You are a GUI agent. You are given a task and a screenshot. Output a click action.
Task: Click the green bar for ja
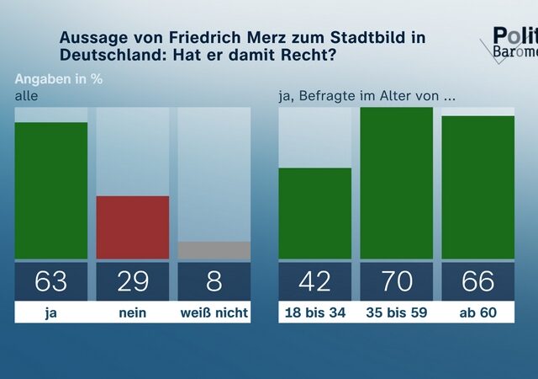pos(51,191)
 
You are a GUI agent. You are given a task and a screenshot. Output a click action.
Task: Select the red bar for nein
pos(133,227)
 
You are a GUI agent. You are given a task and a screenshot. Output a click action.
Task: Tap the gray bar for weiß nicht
pos(214,250)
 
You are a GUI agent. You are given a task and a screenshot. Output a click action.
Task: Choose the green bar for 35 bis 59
pos(396,184)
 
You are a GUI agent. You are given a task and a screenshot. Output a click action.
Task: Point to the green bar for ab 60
pos(477,188)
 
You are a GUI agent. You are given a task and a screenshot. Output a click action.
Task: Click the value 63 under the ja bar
pos(51,281)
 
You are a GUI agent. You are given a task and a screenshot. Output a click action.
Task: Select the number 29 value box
pos(133,281)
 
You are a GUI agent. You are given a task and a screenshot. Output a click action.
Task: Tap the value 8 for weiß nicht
pos(214,281)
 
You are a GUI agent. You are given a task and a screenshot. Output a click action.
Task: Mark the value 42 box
pos(314,281)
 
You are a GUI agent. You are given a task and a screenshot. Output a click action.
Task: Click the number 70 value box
pos(396,281)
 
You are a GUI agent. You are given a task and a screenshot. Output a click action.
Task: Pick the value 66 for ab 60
pos(477,281)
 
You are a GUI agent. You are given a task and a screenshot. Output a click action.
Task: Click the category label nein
pos(133,313)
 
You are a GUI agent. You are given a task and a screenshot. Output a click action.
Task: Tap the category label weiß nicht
pos(214,313)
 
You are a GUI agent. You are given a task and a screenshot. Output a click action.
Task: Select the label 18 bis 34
pos(314,313)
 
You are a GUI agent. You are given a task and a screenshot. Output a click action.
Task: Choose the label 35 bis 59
pos(396,313)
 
